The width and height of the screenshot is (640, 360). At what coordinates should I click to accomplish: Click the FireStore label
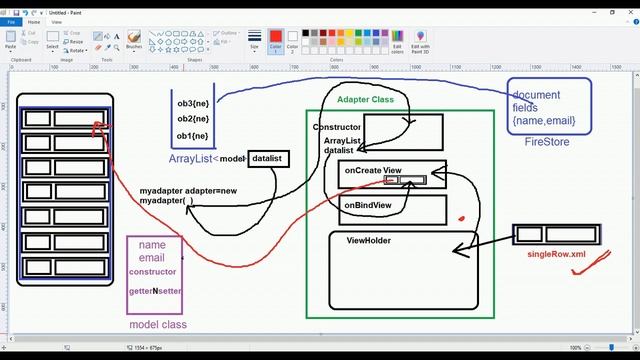(x=546, y=142)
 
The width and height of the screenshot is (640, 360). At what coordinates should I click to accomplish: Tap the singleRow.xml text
(x=555, y=255)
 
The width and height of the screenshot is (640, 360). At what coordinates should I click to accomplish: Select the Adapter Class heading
(x=365, y=100)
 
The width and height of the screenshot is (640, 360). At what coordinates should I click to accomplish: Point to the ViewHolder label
(x=368, y=241)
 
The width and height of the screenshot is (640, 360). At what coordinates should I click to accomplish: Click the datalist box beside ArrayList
(x=268, y=158)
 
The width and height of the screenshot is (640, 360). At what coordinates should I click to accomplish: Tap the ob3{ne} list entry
(x=192, y=103)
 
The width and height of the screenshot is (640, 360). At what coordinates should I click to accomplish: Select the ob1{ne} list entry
(x=192, y=135)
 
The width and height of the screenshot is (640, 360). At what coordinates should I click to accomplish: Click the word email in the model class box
(x=151, y=258)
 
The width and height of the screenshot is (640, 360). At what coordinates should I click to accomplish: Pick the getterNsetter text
(x=155, y=290)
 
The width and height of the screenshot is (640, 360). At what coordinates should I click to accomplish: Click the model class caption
(x=158, y=324)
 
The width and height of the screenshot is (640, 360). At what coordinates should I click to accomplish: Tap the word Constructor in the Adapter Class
(x=337, y=127)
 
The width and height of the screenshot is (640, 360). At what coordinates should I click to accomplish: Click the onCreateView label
(x=372, y=171)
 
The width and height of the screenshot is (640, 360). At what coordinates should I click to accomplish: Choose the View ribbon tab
(x=56, y=21)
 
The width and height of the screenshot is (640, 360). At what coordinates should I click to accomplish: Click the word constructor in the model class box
(x=152, y=272)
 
